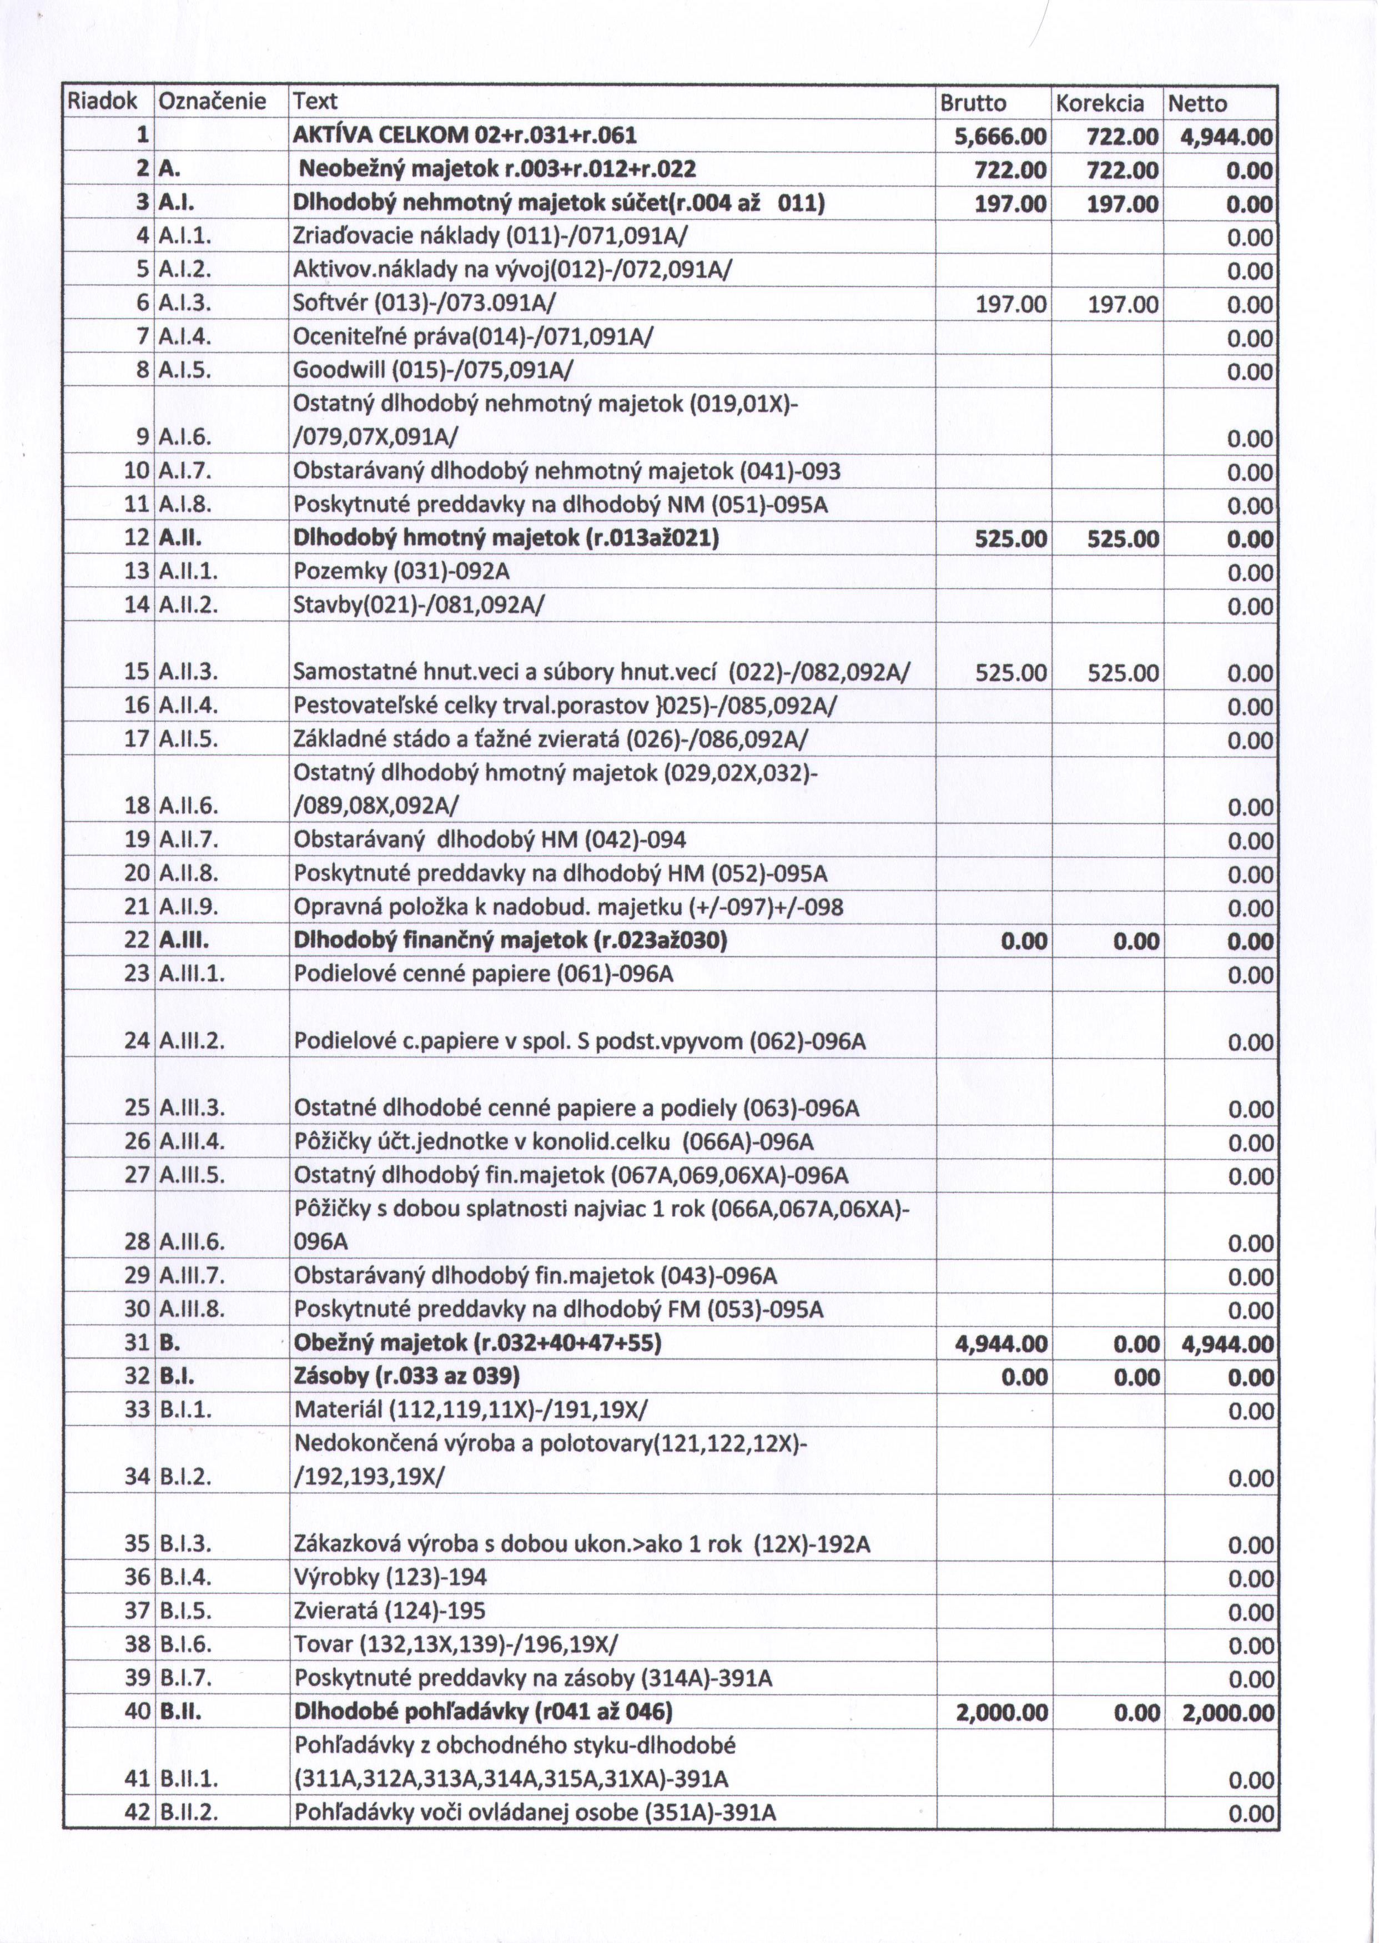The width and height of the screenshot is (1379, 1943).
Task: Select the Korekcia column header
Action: (x=1100, y=104)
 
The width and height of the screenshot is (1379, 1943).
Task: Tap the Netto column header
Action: (x=1197, y=104)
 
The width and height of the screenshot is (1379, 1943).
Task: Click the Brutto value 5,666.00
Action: (x=1001, y=137)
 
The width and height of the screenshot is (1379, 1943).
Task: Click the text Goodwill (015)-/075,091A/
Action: (x=433, y=371)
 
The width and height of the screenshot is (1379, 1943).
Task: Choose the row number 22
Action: (x=137, y=941)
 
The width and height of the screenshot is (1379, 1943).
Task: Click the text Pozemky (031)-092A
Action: (x=401, y=572)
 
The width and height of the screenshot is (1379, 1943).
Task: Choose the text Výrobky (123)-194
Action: (x=391, y=1578)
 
